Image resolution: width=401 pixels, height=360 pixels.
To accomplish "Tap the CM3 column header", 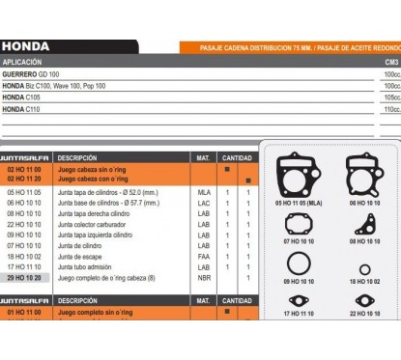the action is point(390,62).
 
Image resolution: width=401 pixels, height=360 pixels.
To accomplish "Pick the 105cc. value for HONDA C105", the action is point(390,97).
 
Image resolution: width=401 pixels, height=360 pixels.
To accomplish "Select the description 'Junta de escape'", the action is point(82,256).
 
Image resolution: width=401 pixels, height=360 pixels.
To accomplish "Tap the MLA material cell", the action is point(204,192).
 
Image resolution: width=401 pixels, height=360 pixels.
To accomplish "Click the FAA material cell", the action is point(204,256).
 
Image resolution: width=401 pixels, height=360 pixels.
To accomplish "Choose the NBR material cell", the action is point(204,277).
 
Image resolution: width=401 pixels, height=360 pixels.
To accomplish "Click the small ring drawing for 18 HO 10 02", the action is point(363,269).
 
